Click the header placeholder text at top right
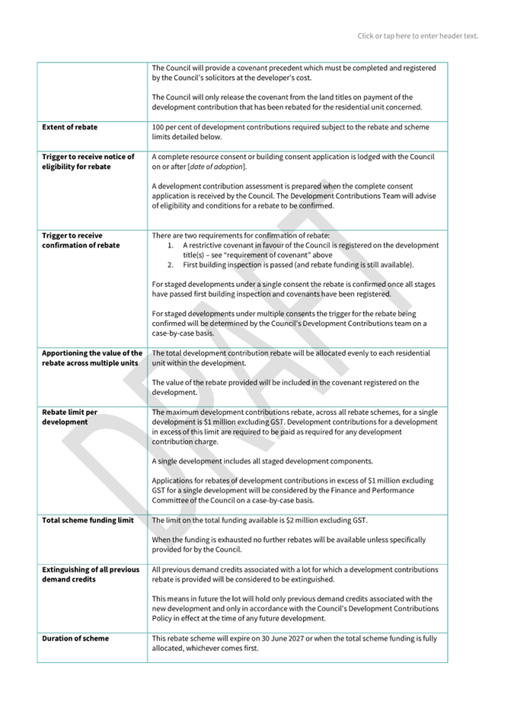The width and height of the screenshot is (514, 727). [x=418, y=36]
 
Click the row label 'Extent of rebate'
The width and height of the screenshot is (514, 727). [x=69, y=127]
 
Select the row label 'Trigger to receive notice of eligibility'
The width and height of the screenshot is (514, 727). [x=88, y=161]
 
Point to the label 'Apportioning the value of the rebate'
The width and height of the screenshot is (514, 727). [x=91, y=358]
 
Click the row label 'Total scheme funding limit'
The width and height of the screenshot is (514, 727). [x=88, y=520]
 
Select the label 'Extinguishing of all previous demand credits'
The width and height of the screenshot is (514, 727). [x=91, y=574]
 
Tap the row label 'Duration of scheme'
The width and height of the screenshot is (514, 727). [x=75, y=638]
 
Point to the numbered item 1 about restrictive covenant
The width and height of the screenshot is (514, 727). [x=310, y=250]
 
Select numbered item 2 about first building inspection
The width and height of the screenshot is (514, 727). [x=298, y=265]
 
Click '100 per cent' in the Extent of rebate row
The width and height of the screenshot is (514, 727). [x=171, y=127]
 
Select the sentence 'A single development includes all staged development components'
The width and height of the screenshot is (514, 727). [x=262, y=461]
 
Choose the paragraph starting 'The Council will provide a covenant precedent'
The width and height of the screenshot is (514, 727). [x=294, y=73]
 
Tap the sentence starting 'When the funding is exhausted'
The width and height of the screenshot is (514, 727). [x=289, y=544]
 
